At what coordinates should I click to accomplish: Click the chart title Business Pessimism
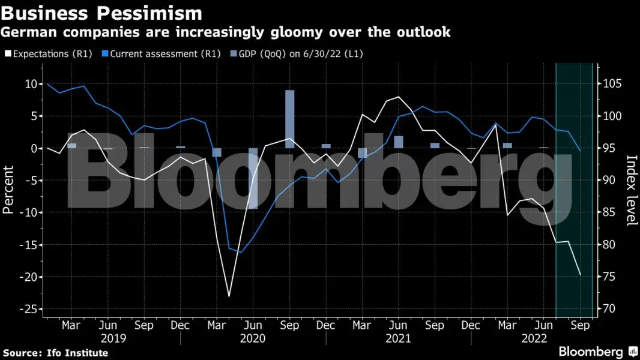coord(102,12)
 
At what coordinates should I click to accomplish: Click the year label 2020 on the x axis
coord(253,338)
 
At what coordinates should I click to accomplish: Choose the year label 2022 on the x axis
coord(543,338)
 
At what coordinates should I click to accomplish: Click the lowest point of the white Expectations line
coord(229,296)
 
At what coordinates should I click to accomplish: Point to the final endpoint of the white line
coord(580,275)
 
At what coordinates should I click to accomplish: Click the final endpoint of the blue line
coord(579,150)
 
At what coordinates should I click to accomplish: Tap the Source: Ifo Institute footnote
coord(55,353)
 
